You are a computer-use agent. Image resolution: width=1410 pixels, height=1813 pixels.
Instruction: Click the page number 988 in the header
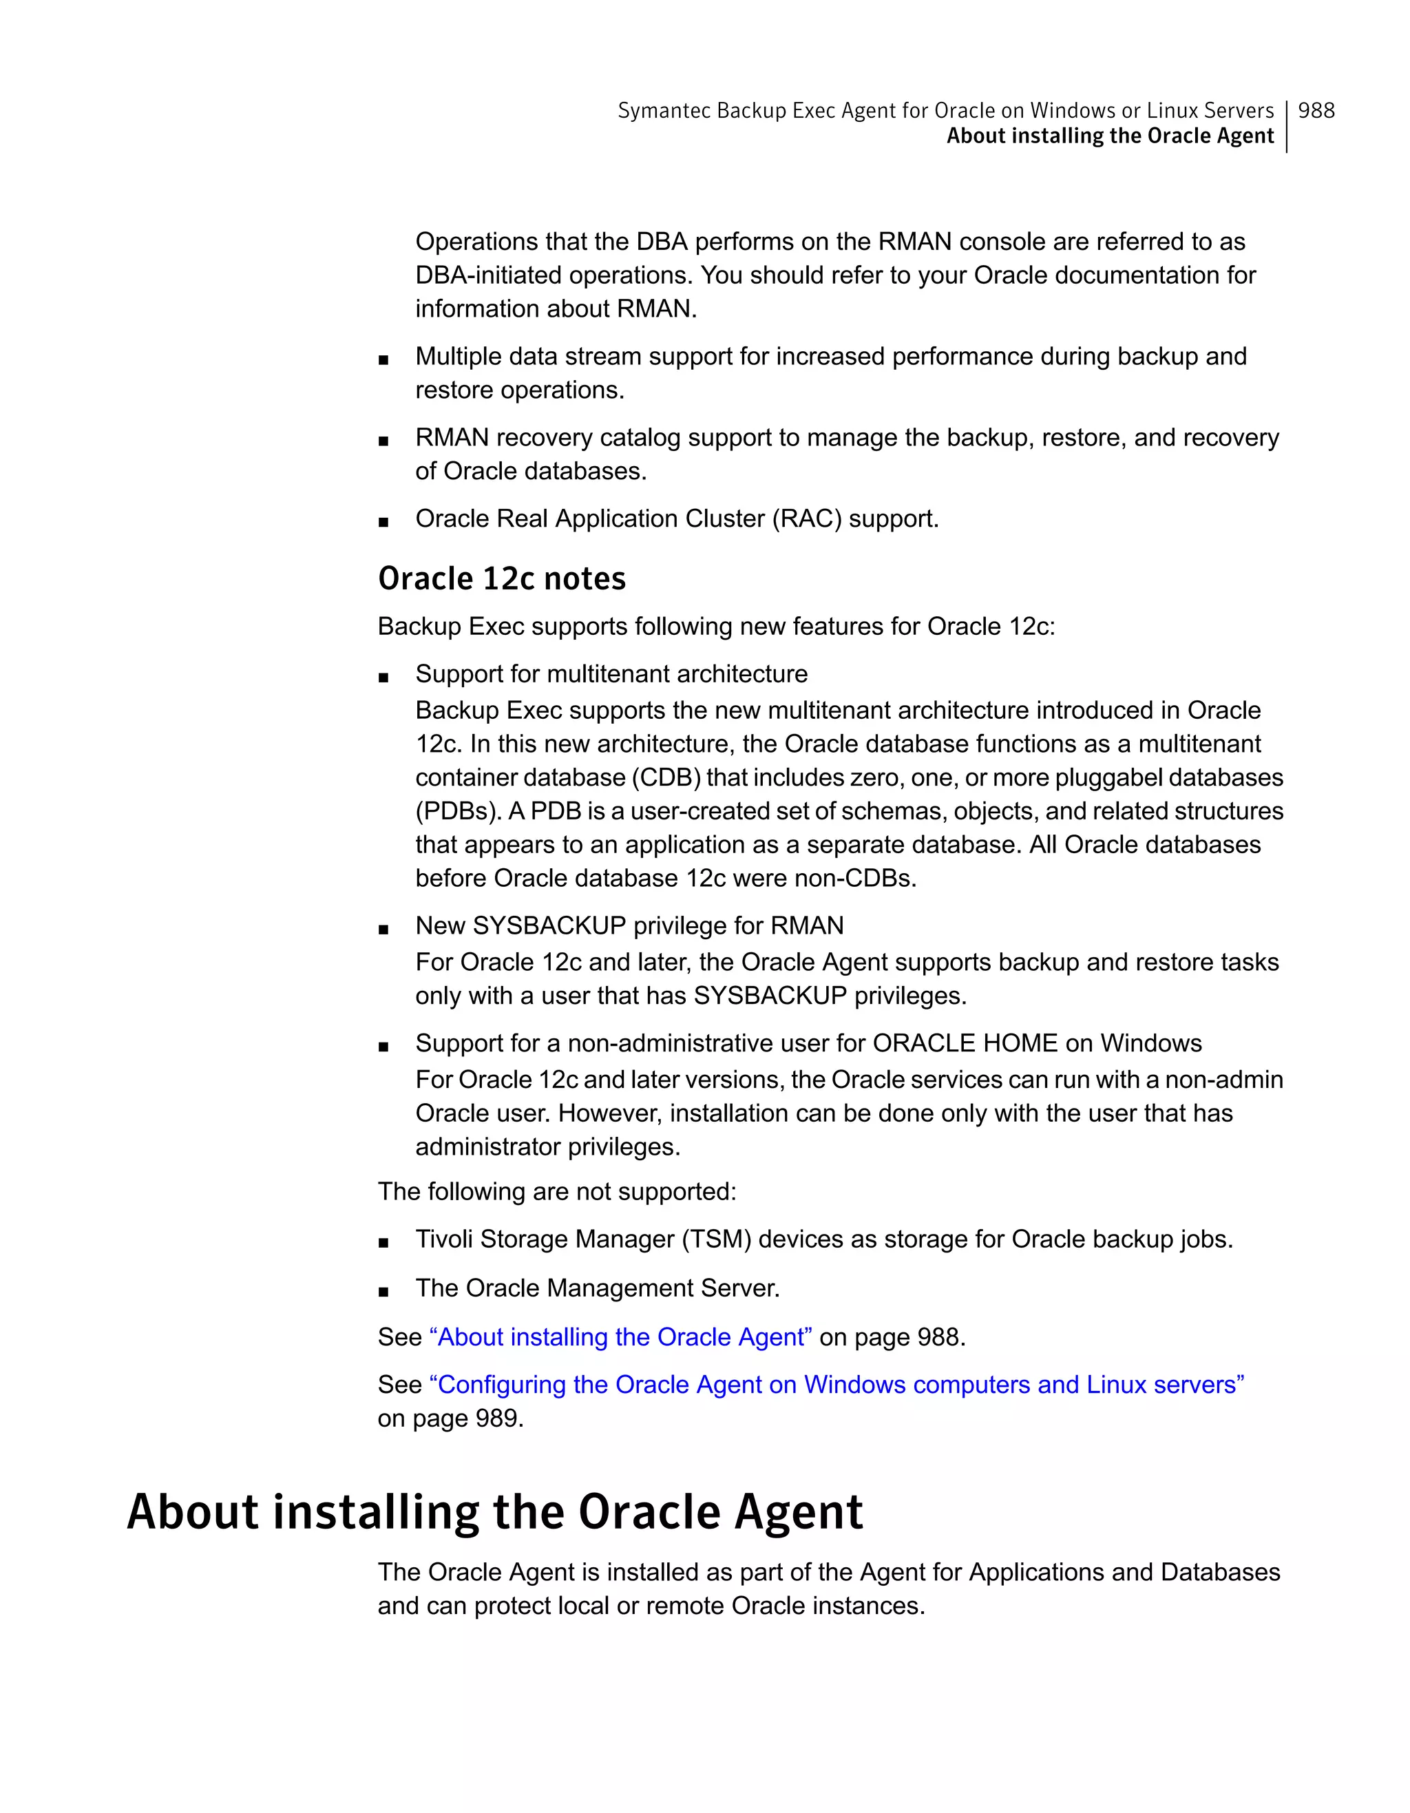(x=1316, y=110)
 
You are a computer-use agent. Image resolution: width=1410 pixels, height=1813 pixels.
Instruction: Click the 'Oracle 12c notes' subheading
(x=501, y=578)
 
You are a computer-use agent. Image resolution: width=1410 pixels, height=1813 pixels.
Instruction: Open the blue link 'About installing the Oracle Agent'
(x=620, y=1337)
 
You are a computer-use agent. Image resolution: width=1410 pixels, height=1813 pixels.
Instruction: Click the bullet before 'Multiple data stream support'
(x=383, y=359)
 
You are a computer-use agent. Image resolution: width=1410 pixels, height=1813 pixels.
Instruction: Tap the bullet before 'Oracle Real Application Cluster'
(x=383, y=522)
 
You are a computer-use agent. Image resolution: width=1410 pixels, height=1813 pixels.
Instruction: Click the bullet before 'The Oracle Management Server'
(x=383, y=1292)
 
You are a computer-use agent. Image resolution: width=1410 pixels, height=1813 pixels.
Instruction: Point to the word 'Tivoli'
(x=444, y=1239)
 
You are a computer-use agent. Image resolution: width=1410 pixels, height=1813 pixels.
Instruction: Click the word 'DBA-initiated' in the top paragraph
(x=487, y=275)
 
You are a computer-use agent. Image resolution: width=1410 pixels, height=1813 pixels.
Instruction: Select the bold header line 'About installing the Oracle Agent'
(x=1110, y=136)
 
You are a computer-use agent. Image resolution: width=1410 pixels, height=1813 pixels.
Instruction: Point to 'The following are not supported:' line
(x=556, y=1192)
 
